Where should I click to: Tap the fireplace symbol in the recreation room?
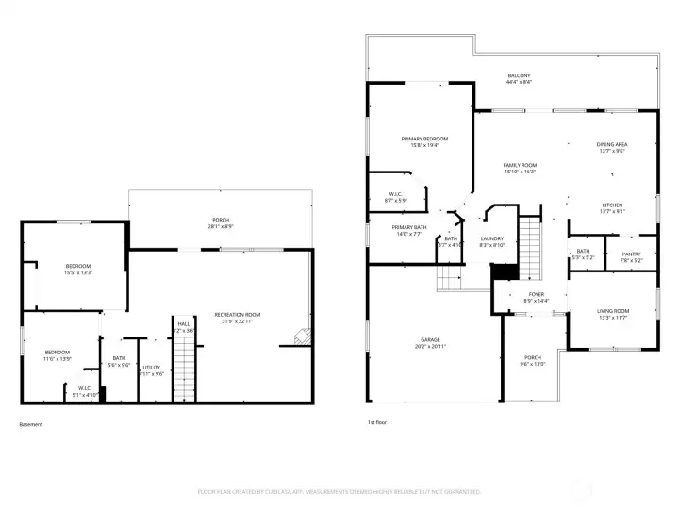302,335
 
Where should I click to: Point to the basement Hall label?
183,324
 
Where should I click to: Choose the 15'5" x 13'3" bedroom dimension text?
77,272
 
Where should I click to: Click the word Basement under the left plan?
31,424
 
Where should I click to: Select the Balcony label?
519,75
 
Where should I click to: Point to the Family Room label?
520,165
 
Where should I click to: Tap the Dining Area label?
612,144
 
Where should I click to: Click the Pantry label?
630,254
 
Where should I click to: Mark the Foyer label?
536,294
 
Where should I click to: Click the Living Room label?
612,310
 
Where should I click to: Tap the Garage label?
430,339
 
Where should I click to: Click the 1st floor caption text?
377,424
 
